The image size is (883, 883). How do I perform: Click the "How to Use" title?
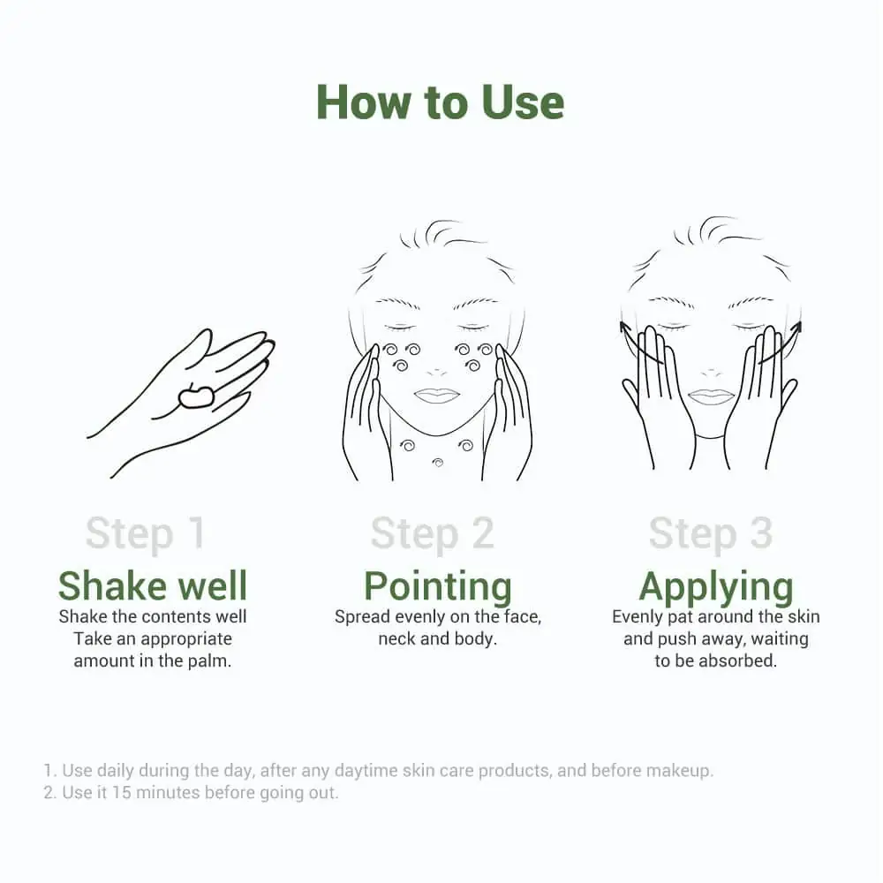click(x=440, y=102)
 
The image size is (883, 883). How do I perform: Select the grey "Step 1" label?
click(x=145, y=533)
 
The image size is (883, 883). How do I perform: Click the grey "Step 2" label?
click(x=432, y=533)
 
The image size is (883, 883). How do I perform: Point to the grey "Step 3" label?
click(x=710, y=533)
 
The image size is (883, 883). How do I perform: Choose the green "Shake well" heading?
click(x=153, y=585)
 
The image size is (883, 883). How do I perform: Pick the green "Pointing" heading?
click(x=438, y=586)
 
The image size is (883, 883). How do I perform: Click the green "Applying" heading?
click(x=716, y=586)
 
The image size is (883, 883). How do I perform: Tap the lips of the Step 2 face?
click(x=434, y=395)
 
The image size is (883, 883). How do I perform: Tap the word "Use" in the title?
click(x=523, y=102)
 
